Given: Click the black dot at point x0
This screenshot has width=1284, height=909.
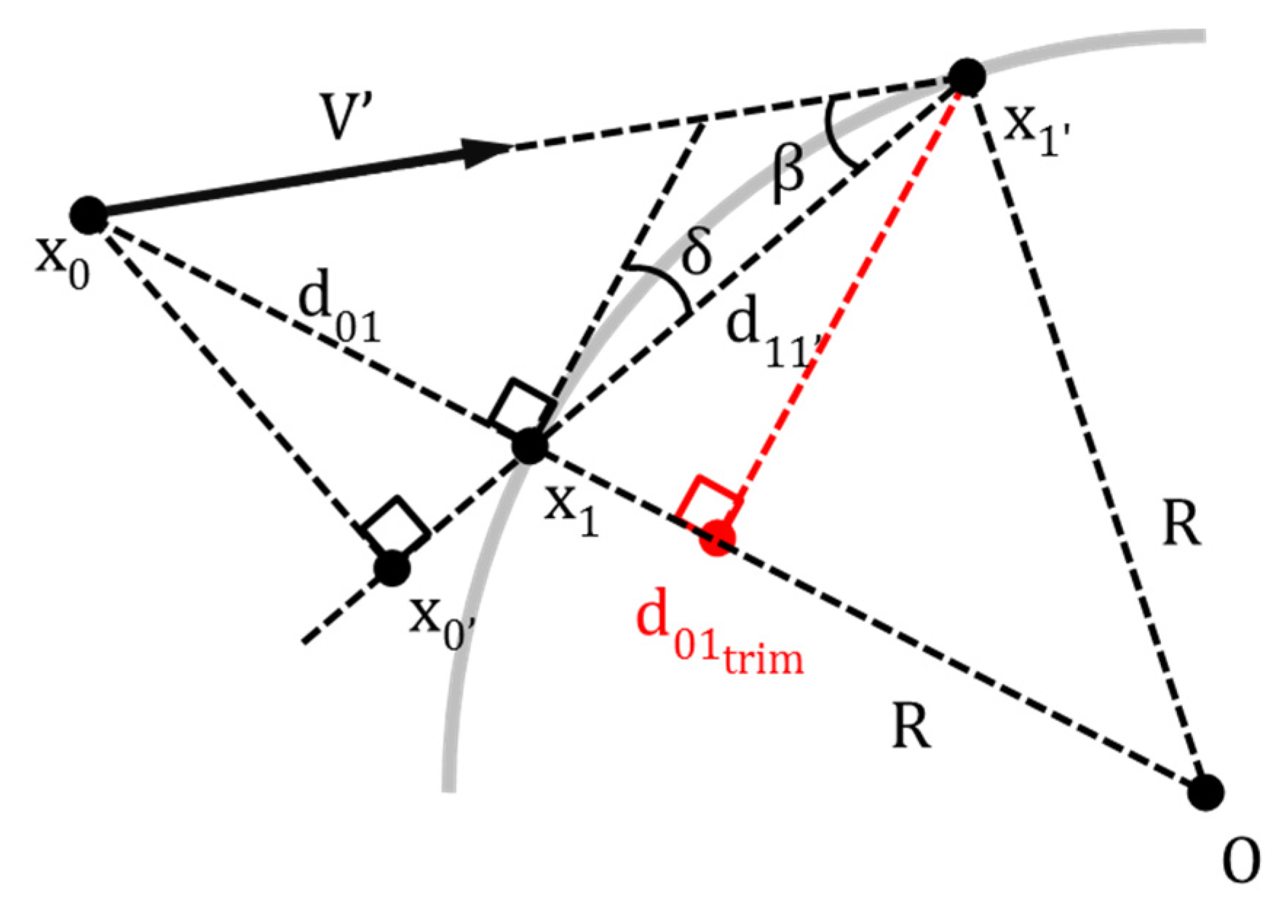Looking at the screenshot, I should click(89, 216).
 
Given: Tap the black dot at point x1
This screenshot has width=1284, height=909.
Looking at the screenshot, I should click(529, 446).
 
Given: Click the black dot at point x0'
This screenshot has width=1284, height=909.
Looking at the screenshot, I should click(393, 568).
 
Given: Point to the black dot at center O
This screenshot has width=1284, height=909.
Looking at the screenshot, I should click(1205, 792).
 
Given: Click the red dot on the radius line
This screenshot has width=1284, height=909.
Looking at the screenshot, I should click(718, 538).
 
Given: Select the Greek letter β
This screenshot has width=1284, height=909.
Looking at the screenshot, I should click(788, 174).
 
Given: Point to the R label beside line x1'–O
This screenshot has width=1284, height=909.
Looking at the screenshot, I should click(1181, 525).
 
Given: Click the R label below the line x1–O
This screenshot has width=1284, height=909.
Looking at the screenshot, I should click(911, 728).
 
